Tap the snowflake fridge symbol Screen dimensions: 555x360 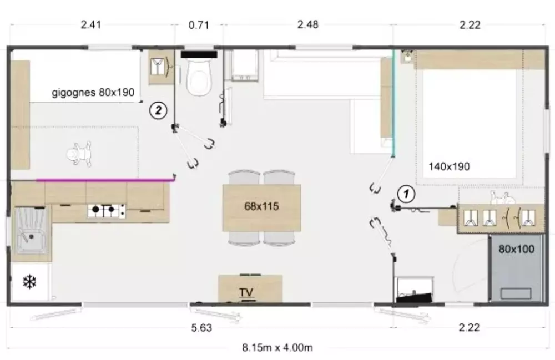30,282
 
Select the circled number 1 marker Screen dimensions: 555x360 406,194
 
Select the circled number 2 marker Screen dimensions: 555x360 158,110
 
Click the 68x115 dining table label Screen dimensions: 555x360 261,206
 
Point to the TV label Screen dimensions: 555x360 246,292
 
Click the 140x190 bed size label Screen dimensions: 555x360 449,166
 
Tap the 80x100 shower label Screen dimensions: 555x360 516,249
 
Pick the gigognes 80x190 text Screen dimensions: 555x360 93,92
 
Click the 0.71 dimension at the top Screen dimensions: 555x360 199,25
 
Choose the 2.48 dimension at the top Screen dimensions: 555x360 308,25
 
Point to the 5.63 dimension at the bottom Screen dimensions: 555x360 202,328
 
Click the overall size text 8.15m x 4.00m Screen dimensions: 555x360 277,348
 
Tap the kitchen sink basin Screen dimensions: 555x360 31,231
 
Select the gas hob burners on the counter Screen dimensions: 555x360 107,211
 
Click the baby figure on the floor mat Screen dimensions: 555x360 80,154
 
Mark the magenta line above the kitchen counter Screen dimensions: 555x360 106,180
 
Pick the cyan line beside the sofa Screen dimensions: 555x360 393,103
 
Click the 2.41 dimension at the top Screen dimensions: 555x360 91,25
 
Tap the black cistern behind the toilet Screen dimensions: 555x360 199,54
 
